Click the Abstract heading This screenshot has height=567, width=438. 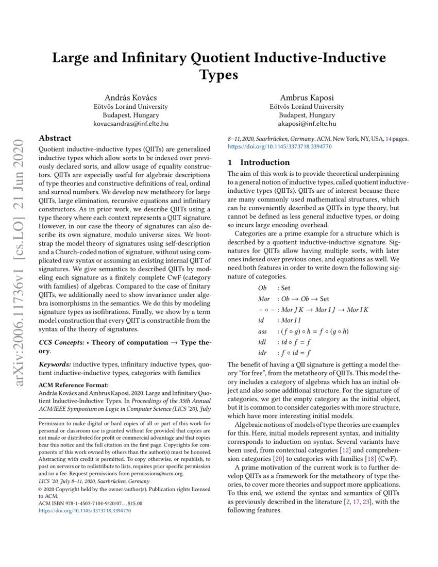click(x=55, y=138)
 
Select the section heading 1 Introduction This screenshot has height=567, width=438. click(x=253, y=162)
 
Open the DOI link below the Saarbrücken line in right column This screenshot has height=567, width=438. click(x=279, y=146)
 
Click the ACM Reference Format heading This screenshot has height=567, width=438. click(x=74, y=385)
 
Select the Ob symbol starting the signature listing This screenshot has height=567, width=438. click(x=262, y=289)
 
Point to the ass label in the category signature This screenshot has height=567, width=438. click(x=263, y=331)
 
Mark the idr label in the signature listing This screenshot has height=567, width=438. click(x=262, y=353)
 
